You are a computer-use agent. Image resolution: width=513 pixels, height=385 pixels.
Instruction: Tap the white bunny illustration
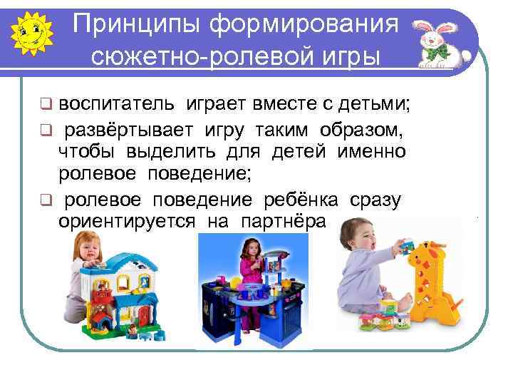pos(440,42)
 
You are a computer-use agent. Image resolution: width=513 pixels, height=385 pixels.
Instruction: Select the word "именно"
pos(371,152)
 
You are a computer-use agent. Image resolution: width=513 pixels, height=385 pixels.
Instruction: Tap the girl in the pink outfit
pos(252,267)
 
